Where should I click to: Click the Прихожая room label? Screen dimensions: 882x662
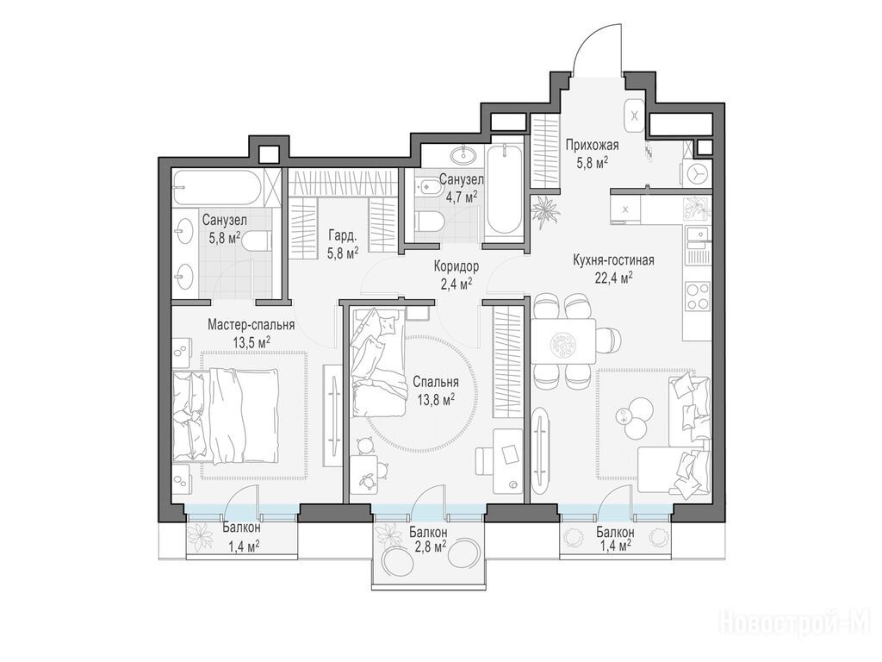tap(592, 146)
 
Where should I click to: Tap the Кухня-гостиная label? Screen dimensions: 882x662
tap(613, 260)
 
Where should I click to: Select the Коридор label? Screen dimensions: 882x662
tap(457, 265)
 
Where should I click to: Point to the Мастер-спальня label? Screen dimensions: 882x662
tap(251, 325)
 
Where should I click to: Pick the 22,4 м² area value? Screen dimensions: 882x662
tap(614, 278)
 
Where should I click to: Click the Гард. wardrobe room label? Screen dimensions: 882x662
tap(342, 236)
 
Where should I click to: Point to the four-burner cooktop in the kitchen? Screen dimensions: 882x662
tap(698, 297)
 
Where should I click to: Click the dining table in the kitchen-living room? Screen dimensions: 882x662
tap(563, 341)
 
